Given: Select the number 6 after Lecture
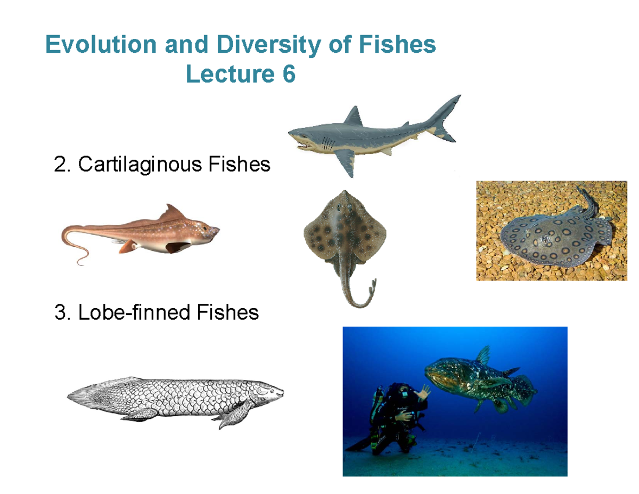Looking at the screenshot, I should click(x=288, y=75).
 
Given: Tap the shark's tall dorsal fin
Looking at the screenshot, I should click(x=353, y=116).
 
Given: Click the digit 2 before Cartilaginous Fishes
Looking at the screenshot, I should click(x=60, y=165).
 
